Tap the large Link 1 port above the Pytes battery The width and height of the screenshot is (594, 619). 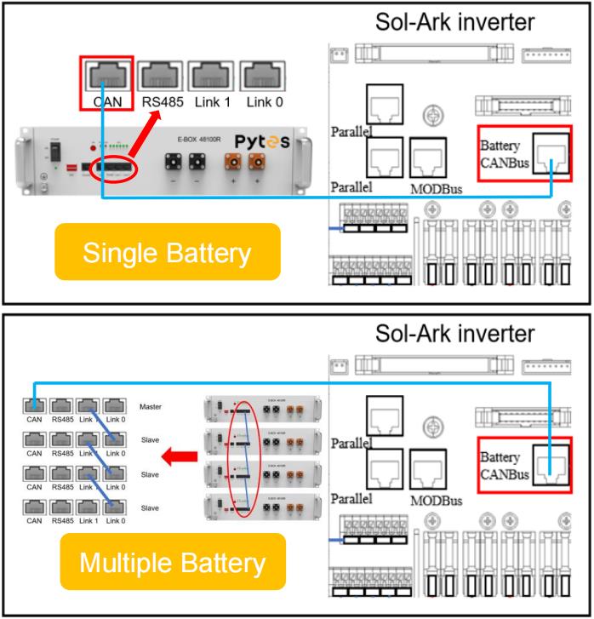coord(214,77)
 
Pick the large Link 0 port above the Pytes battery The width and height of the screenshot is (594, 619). coord(265,77)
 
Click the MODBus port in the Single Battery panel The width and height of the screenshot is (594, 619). coord(427,157)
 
